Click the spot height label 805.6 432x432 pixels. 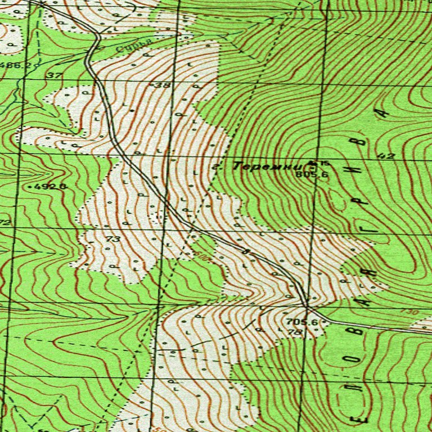tap(315, 175)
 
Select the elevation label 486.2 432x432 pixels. tap(15, 65)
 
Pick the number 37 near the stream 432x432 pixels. tap(54, 75)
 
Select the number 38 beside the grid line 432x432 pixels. tap(162, 85)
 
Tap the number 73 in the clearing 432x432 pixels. tap(113, 239)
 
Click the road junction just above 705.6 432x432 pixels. tap(307, 307)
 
